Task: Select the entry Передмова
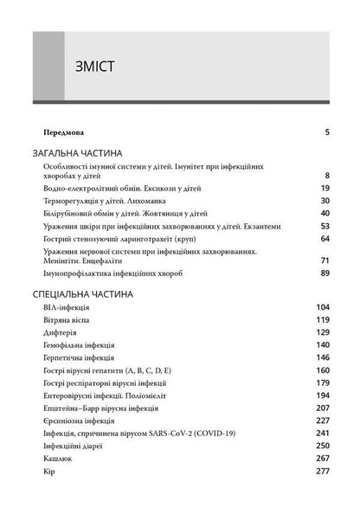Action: click(63, 132)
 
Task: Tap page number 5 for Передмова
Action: click(327, 132)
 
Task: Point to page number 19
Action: click(325, 188)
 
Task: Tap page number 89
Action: click(325, 273)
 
